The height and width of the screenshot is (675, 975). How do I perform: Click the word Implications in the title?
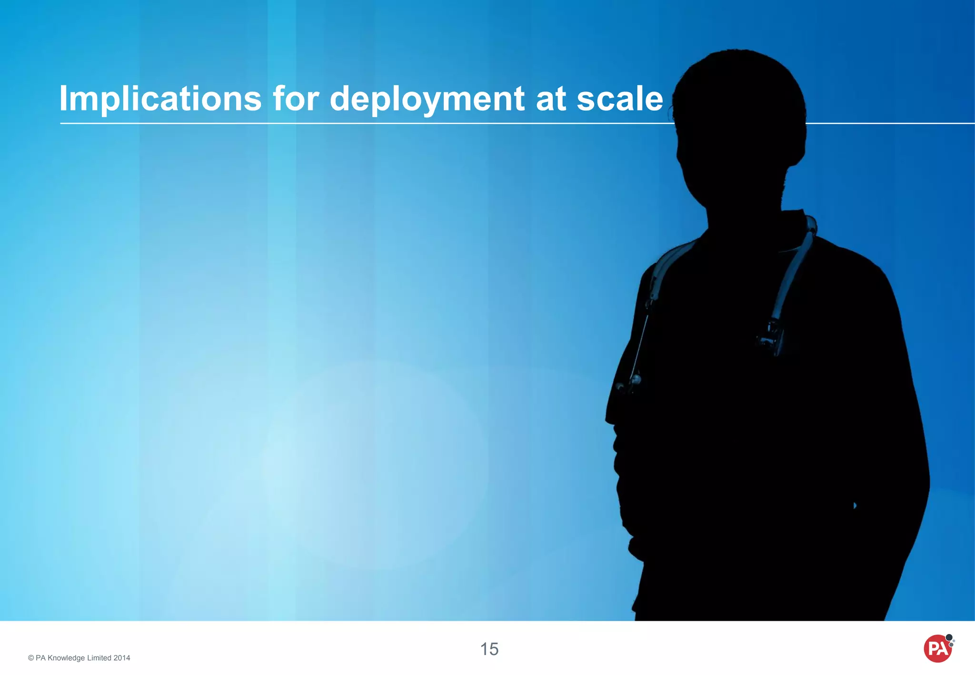pyautogui.click(x=160, y=99)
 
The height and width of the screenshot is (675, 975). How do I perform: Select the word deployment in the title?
pyautogui.click(x=427, y=99)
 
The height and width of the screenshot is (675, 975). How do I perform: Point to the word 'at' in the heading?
pyautogui.click(x=551, y=99)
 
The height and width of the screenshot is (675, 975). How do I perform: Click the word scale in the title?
pyautogui.click(x=620, y=99)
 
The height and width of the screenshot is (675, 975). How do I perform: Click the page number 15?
pyautogui.click(x=489, y=649)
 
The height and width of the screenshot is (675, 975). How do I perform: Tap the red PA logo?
pyautogui.click(x=937, y=649)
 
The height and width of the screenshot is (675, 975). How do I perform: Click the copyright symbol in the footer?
pyautogui.click(x=31, y=658)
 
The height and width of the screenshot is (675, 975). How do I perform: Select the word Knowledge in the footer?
pyautogui.click(x=66, y=658)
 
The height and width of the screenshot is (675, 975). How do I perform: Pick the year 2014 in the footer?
pyautogui.click(x=121, y=658)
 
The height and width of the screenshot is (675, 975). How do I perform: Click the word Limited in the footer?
pyautogui.click(x=99, y=658)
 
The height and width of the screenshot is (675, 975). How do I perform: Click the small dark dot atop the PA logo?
pyautogui.click(x=949, y=637)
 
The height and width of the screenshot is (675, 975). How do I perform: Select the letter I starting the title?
pyautogui.click(x=63, y=99)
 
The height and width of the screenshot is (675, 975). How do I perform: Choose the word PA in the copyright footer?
pyautogui.click(x=40, y=658)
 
